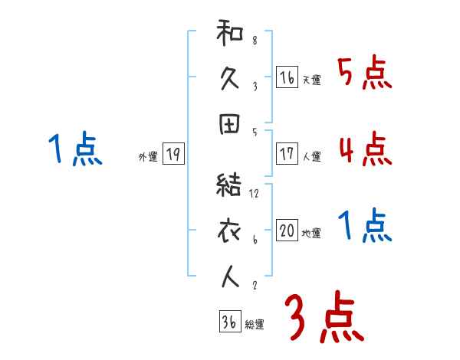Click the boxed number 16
pyautogui.click(x=287, y=77)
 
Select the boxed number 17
pyautogui.click(x=287, y=154)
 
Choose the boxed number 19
pyautogui.click(x=172, y=155)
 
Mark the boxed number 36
pyautogui.click(x=229, y=322)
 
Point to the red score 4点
pyautogui.click(x=365, y=149)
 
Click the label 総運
pyautogui.click(x=255, y=325)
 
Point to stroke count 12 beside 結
pyautogui.click(x=255, y=194)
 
